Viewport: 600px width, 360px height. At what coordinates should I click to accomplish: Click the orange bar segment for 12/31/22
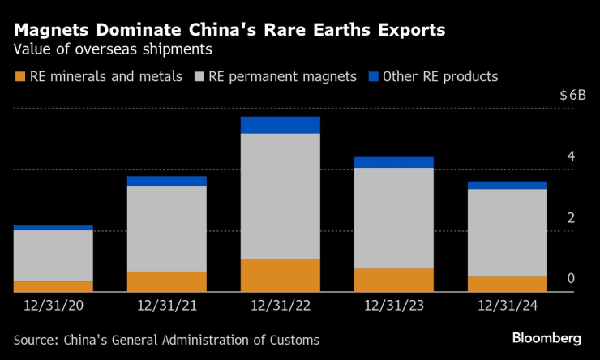[280, 275]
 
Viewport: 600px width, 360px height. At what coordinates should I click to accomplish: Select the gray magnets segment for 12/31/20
[53, 255]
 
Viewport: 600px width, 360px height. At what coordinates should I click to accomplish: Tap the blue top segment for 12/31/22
[280, 125]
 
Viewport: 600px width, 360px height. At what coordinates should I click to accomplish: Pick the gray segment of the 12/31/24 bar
[507, 233]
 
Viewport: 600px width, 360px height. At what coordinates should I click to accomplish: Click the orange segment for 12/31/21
[166, 281]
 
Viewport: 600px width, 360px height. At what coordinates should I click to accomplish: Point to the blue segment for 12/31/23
[393, 162]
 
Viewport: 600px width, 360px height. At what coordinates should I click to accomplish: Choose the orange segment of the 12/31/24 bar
[507, 284]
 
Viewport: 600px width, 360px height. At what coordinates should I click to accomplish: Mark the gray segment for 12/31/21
[166, 229]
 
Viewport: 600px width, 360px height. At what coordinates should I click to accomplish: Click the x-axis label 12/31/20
[53, 306]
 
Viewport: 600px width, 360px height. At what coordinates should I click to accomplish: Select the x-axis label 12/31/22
[280, 306]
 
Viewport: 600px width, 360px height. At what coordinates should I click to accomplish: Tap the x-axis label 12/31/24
[507, 306]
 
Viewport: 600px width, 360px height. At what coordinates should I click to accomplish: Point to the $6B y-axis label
[572, 95]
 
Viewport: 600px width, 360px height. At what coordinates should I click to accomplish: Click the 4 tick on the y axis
[571, 156]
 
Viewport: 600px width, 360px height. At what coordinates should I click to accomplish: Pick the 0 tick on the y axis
[571, 279]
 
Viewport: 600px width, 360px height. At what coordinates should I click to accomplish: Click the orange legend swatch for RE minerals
[20, 77]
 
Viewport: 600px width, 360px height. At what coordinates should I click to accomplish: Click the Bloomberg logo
[546, 337]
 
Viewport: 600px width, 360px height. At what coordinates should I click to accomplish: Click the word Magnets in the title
[50, 31]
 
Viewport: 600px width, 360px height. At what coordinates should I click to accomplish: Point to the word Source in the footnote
[36, 340]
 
